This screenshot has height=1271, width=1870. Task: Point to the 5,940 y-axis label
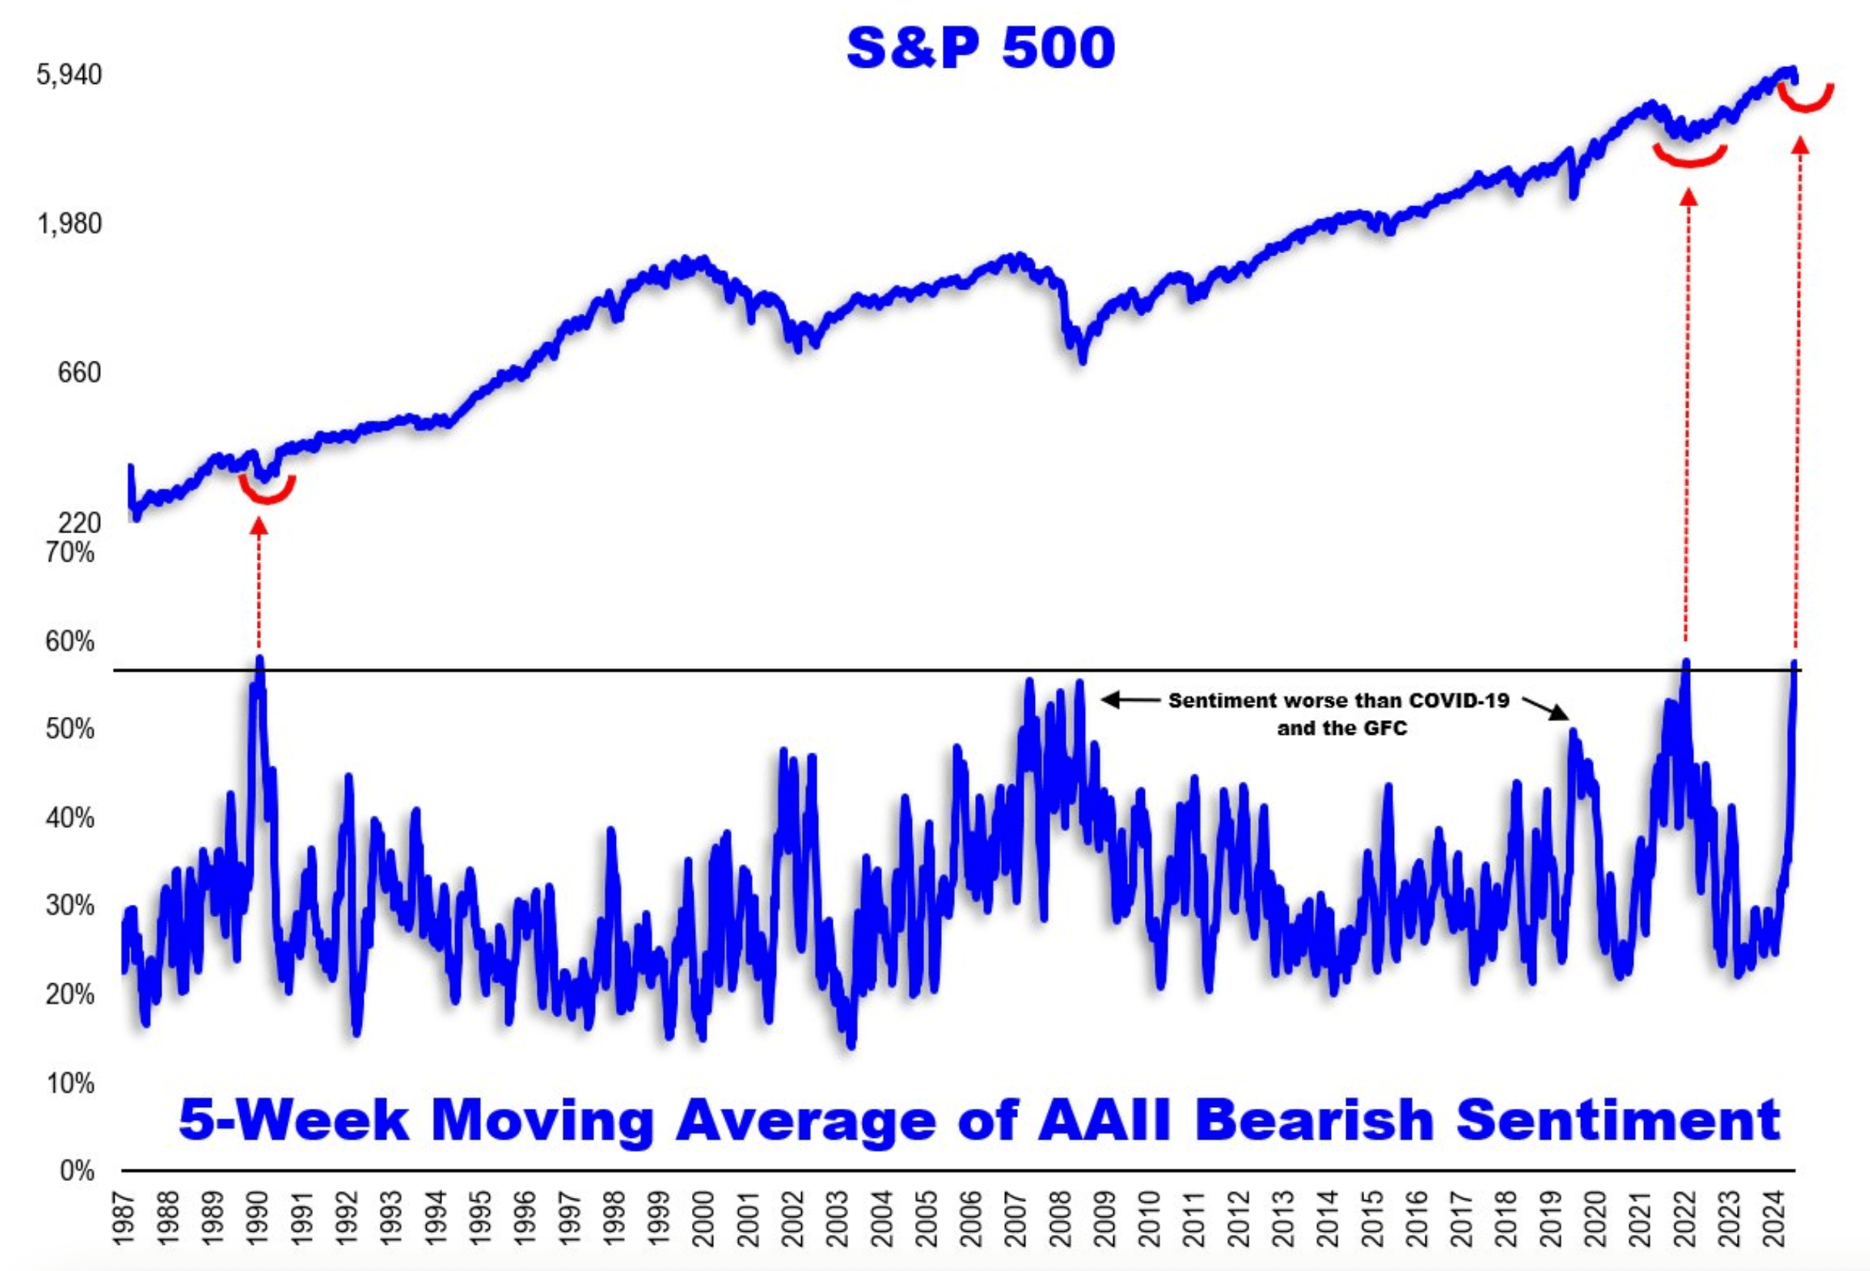coord(69,75)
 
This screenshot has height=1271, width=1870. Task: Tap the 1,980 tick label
coord(69,224)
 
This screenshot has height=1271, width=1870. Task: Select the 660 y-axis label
coord(79,372)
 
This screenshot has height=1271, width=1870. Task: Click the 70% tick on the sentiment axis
coord(70,552)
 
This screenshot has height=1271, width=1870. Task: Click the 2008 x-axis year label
coord(1060,1219)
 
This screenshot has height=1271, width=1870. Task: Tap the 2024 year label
coord(1772,1219)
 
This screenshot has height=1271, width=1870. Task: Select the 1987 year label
coord(123,1219)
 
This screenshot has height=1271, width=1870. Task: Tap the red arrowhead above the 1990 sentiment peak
coord(258,525)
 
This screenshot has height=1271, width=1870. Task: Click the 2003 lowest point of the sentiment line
coord(851,1044)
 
